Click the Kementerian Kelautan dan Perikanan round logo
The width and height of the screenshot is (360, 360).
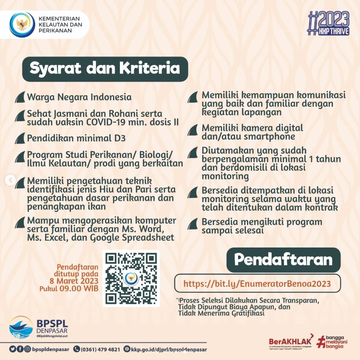pos(22,25)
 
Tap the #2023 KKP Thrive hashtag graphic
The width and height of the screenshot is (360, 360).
pos(330,23)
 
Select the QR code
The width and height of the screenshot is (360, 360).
pos(131,278)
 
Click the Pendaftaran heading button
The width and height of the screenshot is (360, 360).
pos(283,259)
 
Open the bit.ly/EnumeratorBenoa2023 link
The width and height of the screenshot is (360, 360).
pos(257,283)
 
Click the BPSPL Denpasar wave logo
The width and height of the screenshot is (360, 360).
pos(21,327)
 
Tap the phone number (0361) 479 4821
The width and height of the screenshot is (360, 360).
pos(100,349)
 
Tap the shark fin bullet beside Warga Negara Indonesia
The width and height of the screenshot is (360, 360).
pos(20,97)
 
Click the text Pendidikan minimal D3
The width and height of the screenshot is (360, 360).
pos(77,138)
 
